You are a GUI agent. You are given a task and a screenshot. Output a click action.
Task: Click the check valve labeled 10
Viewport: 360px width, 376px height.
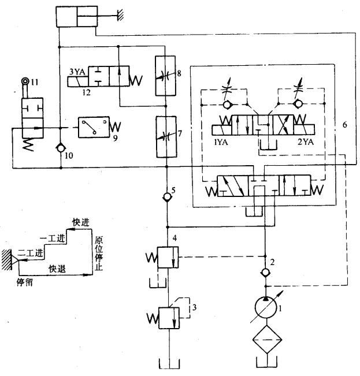tap(61, 149)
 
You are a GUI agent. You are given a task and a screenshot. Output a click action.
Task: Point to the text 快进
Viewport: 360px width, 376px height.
tap(80, 222)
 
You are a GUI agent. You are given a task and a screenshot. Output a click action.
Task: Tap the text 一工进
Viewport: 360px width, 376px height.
tap(50, 237)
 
